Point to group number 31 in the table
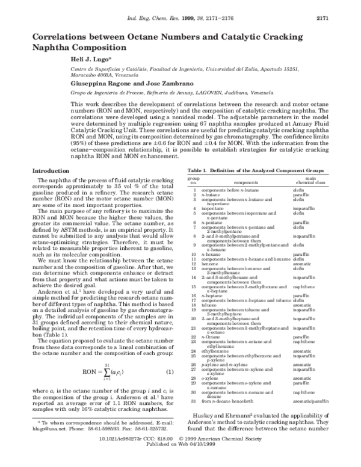pos(194,416)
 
